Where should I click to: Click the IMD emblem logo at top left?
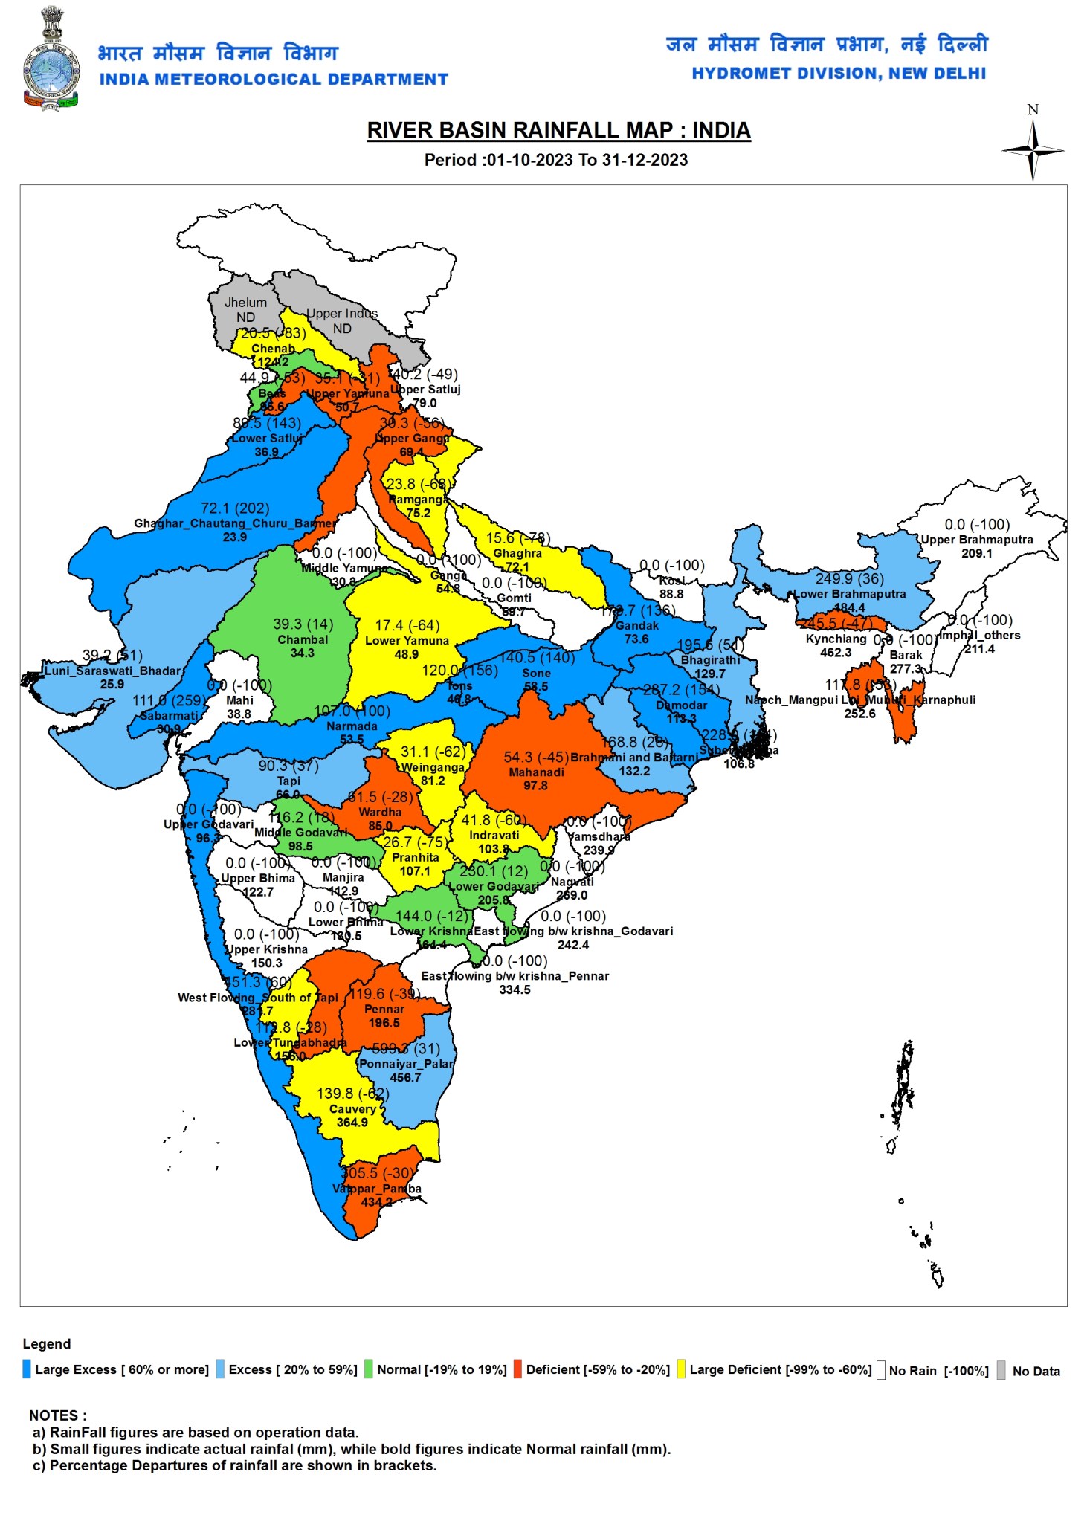tap(51, 59)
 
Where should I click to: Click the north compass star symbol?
tap(1032, 150)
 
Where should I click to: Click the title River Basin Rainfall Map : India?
tap(558, 130)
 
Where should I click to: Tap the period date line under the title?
tap(555, 160)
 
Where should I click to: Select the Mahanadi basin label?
tap(536, 772)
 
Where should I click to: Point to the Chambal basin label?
tap(303, 639)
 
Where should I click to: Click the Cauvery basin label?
tap(352, 1108)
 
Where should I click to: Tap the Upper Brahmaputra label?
tap(976, 540)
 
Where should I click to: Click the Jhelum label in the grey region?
tap(245, 303)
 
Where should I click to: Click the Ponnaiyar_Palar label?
tap(406, 1064)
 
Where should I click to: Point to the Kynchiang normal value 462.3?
tap(836, 653)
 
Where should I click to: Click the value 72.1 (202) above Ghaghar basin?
tap(235, 508)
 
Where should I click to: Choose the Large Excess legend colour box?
tap(28, 1369)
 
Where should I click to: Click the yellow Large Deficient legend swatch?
tap(681, 1369)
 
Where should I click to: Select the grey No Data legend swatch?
tap(1001, 1370)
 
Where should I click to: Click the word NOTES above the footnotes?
tap(57, 1415)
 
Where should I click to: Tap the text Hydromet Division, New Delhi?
tap(839, 74)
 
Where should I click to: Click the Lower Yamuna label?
tap(407, 640)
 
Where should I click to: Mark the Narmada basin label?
tap(352, 726)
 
